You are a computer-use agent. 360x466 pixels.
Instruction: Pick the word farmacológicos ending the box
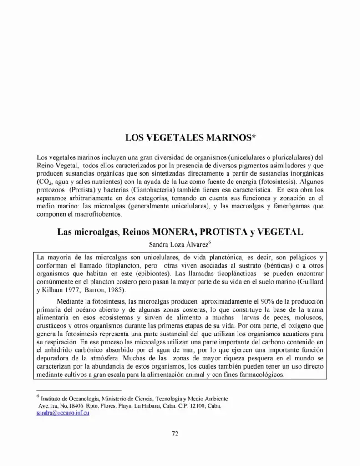[x=261, y=375]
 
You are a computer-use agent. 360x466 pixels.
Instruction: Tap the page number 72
[x=175, y=433]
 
